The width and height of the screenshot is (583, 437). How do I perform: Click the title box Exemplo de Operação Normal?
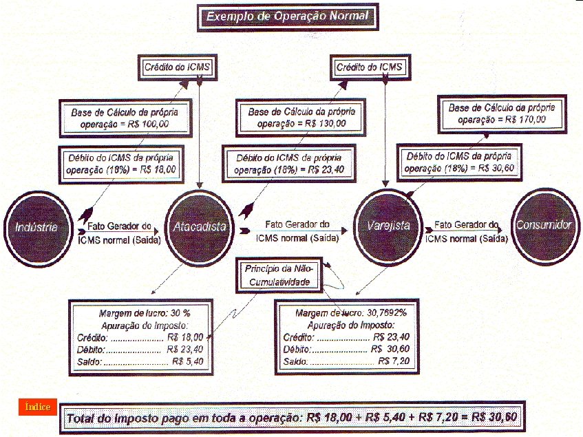287,15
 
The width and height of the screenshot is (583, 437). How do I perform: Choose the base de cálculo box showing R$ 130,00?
301,118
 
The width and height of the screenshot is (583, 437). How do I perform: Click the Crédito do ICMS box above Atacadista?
177,67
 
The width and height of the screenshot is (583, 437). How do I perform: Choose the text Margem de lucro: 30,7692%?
351,312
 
